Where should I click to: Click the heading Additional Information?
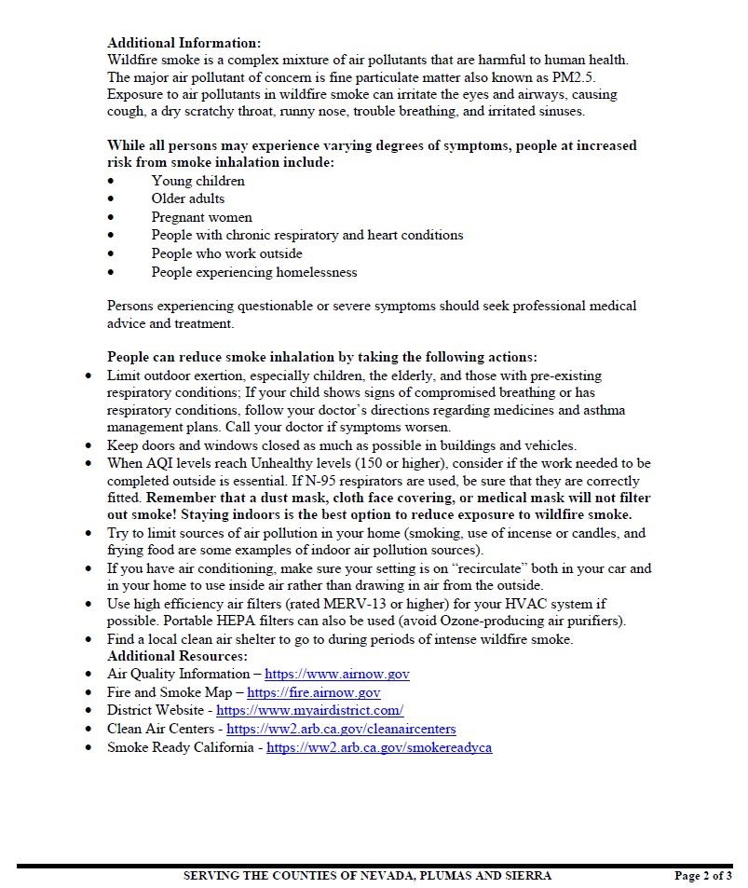point(184,43)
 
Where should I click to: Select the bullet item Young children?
point(197,181)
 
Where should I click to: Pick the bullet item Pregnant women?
point(201,217)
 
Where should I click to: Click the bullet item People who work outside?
point(226,253)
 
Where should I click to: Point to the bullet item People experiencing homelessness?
point(253,272)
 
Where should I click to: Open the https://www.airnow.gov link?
point(336,674)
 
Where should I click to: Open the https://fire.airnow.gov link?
point(313,692)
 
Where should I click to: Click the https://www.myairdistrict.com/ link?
point(309,710)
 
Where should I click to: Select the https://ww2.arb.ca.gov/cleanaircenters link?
point(341,729)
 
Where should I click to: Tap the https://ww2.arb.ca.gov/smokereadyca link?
point(379,747)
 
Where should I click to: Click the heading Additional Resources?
point(177,656)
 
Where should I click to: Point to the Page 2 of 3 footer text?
point(702,875)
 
